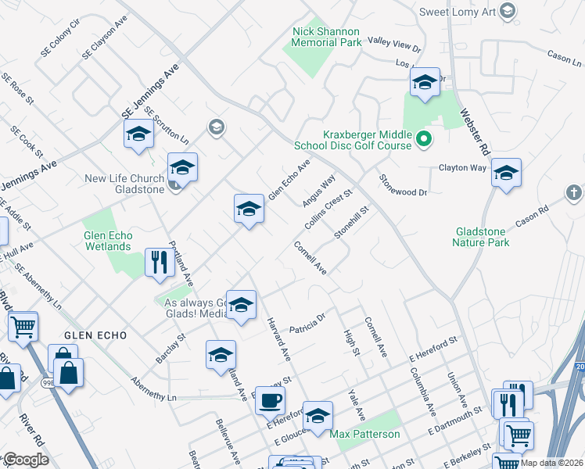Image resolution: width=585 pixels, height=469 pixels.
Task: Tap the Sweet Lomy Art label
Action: [x=460, y=11]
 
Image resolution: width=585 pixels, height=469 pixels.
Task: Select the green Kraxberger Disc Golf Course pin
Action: [x=424, y=140]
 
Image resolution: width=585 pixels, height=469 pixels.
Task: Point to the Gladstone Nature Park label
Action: [x=480, y=237]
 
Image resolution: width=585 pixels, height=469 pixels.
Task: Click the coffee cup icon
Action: [x=270, y=399]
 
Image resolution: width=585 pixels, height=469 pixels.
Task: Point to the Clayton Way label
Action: [x=462, y=168]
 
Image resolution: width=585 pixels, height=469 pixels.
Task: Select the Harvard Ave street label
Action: [x=280, y=338]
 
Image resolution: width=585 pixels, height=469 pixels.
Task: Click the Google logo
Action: [x=26, y=460]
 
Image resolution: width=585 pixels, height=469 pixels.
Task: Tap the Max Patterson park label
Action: [x=364, y=434]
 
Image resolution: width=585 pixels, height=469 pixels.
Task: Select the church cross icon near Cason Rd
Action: [x=573, y=192]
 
